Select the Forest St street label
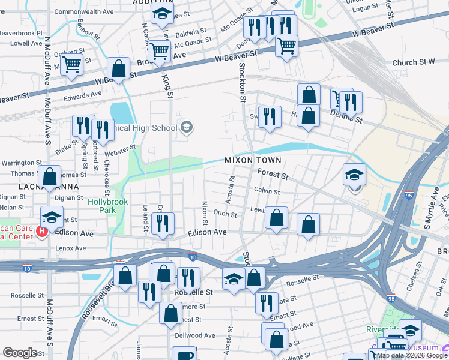pyautogui.click(x=273, y=176)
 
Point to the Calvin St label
pyautogui.click(x=267, y=191)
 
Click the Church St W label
pyautogui.click(x=413, y=62)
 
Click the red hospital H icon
pyautogui.click(x=42, y=231)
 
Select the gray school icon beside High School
pyautogui.click(x=187, y=127)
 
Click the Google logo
pyautogui.click(x=20, y=353)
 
